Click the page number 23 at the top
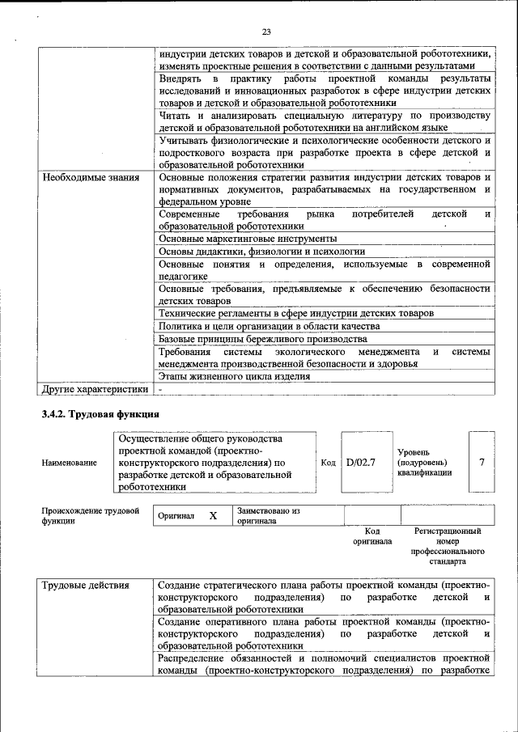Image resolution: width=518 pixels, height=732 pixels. point(266,32)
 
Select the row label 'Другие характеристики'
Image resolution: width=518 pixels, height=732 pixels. point(96,389)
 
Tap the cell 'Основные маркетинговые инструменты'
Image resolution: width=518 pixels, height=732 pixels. point(248,239)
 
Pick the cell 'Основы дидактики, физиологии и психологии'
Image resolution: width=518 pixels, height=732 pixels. point(261,252)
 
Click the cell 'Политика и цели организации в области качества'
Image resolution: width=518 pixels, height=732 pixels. point(269,326)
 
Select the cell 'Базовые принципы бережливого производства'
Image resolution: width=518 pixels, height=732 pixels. point(263,339)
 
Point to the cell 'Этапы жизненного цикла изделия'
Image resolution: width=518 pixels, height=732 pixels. point(235,376)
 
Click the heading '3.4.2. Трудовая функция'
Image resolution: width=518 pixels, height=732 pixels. point(100,415)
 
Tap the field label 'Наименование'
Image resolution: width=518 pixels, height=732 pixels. point(69,463)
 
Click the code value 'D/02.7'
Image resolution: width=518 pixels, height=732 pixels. point(361,463)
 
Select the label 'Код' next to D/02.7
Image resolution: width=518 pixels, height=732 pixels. point(328,463)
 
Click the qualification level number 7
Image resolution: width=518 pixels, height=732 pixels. point(482,462)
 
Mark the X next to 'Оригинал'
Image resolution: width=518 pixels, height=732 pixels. point(213,515)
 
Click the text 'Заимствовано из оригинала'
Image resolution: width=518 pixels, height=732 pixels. point(269,516)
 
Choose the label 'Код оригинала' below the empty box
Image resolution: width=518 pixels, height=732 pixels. point(372,535)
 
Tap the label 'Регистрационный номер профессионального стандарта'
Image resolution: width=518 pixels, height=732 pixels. point(448,545)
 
